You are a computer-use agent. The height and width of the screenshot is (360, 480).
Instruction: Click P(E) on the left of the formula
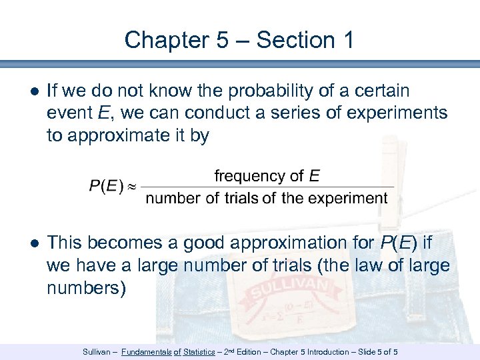coord(105,186)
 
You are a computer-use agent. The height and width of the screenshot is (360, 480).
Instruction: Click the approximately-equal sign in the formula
coord(131,187)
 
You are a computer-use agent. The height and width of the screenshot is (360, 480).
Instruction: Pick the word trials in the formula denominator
coord(240,198)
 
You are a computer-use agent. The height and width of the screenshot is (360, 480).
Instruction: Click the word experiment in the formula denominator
coord(347,198)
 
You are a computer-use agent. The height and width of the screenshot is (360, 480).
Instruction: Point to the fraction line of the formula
coord(267,187)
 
